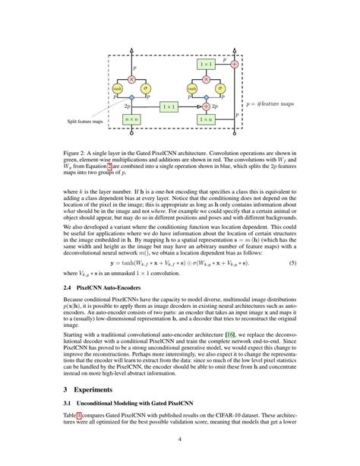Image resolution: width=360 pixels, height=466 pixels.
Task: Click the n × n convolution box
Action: pos(131,119)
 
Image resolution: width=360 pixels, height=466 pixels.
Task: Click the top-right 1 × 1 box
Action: pos(204,65)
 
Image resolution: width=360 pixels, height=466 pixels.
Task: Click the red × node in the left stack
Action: pos(131,78)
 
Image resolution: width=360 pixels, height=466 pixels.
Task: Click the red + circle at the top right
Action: pos(234,65)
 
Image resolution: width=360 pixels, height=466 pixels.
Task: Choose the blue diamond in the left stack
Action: pos(131,99)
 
